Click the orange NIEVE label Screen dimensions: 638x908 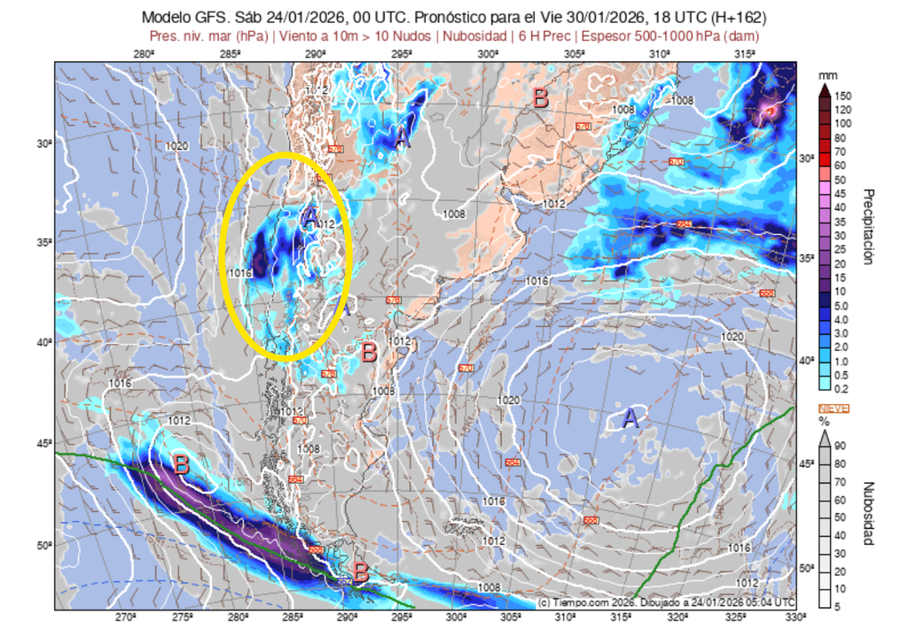[x=833, y=408]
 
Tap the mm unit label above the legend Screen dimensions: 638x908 [x=827, y=74]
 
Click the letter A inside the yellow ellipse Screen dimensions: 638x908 [x=309, y=216]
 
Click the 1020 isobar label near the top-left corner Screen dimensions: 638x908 [x=176, y=146]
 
